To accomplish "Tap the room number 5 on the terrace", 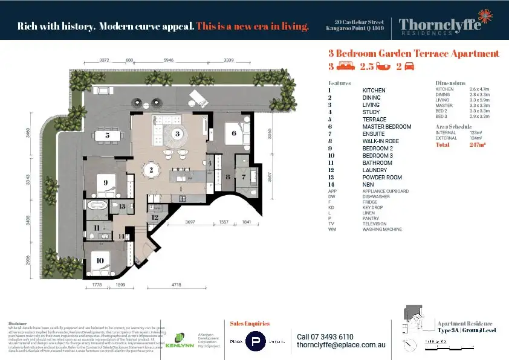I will (x=107, y=135).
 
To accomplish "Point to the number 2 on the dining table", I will (x=152, y=170).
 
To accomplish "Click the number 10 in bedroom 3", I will (x=99, y=261).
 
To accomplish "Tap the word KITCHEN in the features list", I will (x=374, y=91).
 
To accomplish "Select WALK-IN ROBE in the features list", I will (x=380, y=141).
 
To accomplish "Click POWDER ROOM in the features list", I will (x=381, y=178).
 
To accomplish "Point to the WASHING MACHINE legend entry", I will (x=382, y=230).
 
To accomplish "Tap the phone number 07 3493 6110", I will (x=326, y=336).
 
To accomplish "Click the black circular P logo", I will (x=256, y=342).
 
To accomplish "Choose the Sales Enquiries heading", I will (x=250, y=324).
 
